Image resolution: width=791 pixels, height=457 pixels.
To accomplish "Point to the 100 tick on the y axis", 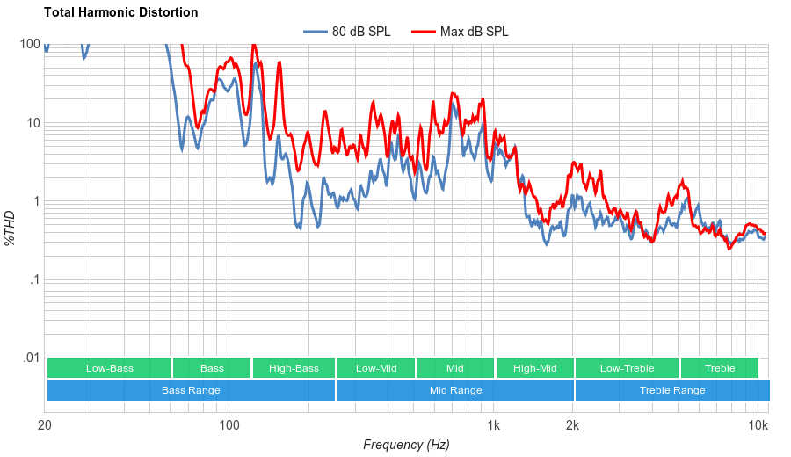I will pyautogui.click(x=30, y=45).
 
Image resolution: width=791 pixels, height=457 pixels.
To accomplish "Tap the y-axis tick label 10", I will pyautogui.click(x=33, y=123).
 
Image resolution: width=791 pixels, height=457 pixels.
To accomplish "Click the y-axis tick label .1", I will pyautogui.click(x=34, y=279).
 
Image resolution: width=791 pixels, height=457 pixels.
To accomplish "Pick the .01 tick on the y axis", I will pyautogui.click(x=31, y=358).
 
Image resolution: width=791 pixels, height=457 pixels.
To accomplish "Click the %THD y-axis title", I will pyautogui.click(x=11, y=228).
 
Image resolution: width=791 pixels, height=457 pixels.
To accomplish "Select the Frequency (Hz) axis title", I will pyautogui.click(x=406, y=445).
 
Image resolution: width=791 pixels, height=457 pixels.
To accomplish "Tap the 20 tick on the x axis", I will pyautogui.click(x=45, y=426).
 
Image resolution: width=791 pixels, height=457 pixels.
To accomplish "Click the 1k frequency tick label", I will pyautogui.click(x=494, y=426).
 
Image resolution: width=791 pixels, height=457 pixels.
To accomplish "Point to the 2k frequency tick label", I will pyautogui.click(x=572, y=426).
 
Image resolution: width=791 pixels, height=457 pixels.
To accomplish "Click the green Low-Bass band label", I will pyautogui.click(x=110, y=368).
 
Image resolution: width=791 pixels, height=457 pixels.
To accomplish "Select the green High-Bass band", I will pyautogui.click(x=294, y=368).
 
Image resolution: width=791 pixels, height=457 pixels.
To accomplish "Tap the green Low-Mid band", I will pyautogui.click(x=376, y=368).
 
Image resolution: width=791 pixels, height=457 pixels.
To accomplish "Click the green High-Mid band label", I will pyautogui.click(x=534, y=368).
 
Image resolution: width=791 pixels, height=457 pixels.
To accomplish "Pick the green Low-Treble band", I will pyautogui.click(x=627, y=368).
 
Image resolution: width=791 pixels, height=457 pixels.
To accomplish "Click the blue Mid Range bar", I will pyautogui.click(x=455, y=390).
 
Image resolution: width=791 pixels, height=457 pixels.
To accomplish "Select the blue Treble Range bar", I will pyautogui.click(x=672, y=390).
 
